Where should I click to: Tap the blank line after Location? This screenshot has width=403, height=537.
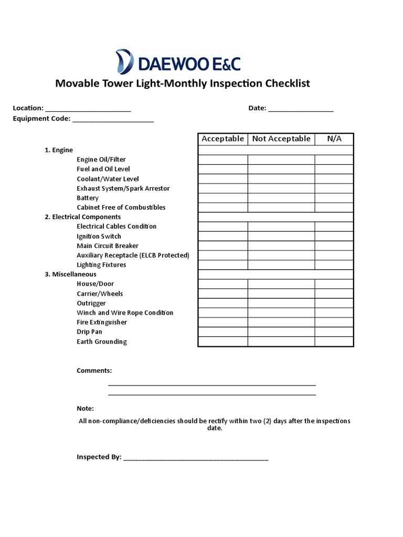[x=88, y=109]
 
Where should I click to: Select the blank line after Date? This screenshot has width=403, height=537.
[x=301, y=109]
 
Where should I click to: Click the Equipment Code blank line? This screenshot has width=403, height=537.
[x=113, y=120]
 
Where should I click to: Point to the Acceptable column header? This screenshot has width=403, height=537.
[x=222, y=139]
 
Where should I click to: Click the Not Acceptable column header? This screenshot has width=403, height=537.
[x=281, y=139]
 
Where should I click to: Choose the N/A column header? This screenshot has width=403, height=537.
[x=334, y=139]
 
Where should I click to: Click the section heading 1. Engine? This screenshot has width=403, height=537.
[x=59, y=150]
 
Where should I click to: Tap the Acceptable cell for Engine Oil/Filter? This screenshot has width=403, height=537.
[x=222, y=159]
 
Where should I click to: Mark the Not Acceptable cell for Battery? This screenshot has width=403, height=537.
[x=281, y=198]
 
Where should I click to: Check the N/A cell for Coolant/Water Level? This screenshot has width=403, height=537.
[x=334, y=179]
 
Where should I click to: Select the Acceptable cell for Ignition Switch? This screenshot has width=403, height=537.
[x=222, y=236]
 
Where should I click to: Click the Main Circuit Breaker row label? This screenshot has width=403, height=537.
[x=108, y=246]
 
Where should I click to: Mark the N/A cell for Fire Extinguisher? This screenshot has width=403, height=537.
[x=334, y=322]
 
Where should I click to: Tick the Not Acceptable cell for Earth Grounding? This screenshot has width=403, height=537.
[x=281, y=341]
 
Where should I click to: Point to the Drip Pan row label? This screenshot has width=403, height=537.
[x=89, y=332]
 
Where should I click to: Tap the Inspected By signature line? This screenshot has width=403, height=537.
[x=196, y=458]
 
